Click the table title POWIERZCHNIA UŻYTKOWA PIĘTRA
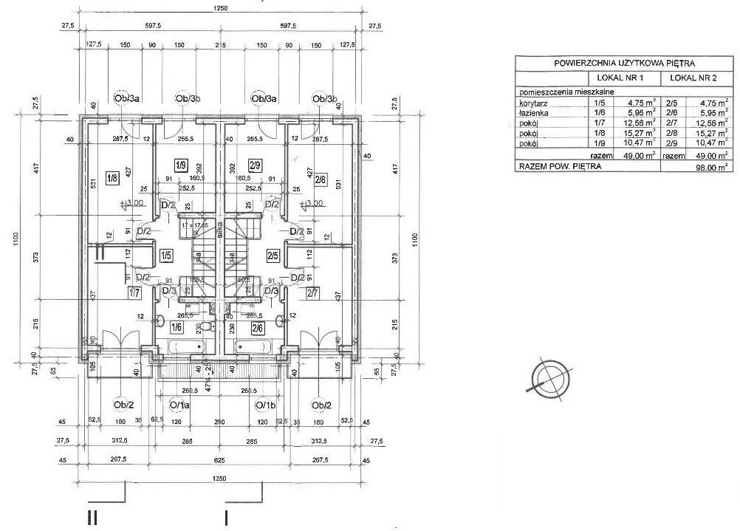[x=624, y=64]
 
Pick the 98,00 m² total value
[x=714, y=167]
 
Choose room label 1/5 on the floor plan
[x=166, y=256]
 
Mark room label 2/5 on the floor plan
[x=273, y=256]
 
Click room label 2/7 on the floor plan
[x=312, y=293]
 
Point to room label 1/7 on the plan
[x=134, y=293]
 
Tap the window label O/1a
[x=179, y=405]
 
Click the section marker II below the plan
[x=92, y=518]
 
